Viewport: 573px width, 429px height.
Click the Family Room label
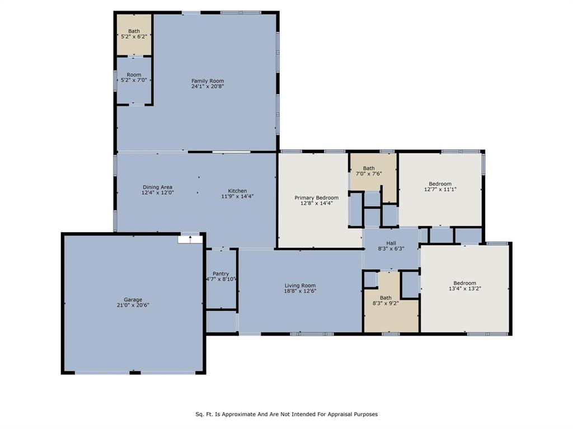208,81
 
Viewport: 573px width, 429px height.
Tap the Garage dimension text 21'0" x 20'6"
133,305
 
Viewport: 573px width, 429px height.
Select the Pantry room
220,276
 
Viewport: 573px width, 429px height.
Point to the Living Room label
300,285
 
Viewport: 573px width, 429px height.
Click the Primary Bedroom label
316,197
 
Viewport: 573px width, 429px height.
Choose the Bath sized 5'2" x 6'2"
134,34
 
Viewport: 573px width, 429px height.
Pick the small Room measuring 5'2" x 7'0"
134,78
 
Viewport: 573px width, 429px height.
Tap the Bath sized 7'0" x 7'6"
369,171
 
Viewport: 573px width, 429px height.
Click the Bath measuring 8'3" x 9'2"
386,301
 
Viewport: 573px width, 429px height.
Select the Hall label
391,243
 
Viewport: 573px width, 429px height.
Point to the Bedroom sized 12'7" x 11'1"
440,186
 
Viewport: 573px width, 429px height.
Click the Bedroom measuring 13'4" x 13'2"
464,286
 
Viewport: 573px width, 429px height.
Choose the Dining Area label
157,187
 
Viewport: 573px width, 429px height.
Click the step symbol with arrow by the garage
190,239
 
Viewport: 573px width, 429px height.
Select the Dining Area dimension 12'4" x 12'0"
157,193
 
